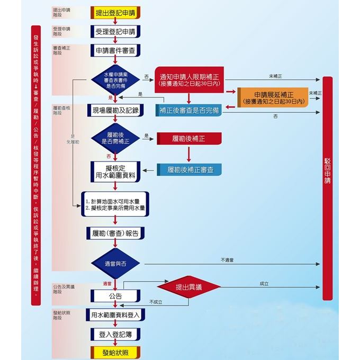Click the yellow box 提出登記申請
(x=115, y=13)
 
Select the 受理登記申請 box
(x=115, y=32)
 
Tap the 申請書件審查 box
(x=115, y=50)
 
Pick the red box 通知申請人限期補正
(x=189, y=79)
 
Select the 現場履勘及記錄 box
(x=115, y=110)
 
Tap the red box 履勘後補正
(x=189, y=139)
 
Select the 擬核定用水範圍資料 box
(x=115, y=170)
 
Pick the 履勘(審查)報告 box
(x=115, y=233)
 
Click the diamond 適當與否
(x=115, y=264)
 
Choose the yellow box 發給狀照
(x=115, y=352)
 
